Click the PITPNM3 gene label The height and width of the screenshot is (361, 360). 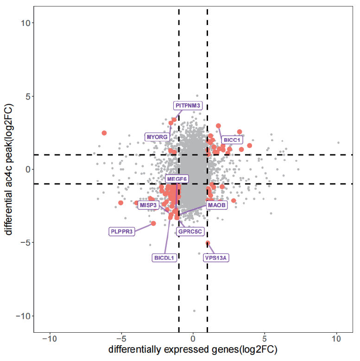tap(188, 106)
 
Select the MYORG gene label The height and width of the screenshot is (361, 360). tap(157, 137)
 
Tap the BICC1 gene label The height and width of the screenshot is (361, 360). tap(232, 139)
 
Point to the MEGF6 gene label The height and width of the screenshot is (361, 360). tap(177, 179)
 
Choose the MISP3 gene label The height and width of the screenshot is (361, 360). tap(149, 205)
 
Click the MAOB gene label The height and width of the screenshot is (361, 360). tap(216, 205)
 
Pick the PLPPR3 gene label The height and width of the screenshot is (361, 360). tap(122, 232)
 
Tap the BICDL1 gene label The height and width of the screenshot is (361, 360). tap(164, 258)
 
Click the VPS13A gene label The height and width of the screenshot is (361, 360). tap(216, 258)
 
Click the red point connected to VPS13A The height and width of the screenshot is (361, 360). tap(208, 243)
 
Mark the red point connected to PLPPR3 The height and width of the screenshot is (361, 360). tap(153, 223)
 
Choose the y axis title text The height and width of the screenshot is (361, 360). tap(9, 170)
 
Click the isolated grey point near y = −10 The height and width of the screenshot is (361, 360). tap(194, 311)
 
